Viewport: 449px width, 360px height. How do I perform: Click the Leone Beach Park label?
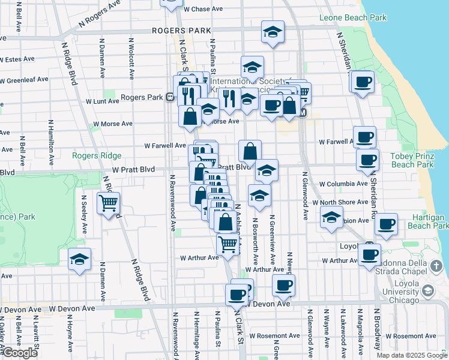tap(353, 18)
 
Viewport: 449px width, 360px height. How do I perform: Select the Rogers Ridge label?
tap(97, 155)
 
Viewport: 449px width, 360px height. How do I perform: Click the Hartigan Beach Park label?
tap(427, 221)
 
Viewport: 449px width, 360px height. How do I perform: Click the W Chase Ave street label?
tap(203, 10)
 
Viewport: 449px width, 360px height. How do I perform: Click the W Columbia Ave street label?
tap(343, 184)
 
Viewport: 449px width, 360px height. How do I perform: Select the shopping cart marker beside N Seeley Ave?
tap(109, 203)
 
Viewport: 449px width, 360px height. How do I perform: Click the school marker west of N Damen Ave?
tap(79, 260)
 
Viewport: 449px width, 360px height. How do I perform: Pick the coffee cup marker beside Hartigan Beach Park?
tap(386, 224)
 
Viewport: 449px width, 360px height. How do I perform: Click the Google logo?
tap(20, 353)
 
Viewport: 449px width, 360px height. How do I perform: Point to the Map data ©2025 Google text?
tap(411, 355)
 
